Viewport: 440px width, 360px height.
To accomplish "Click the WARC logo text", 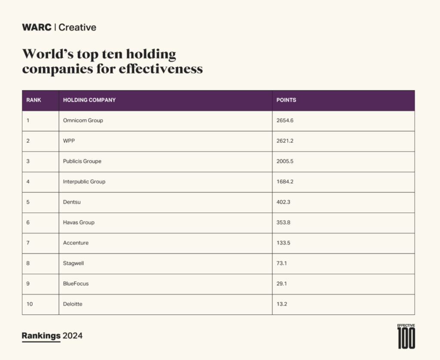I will tap(37, 27).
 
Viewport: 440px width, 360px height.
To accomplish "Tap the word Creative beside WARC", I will tap(77, 27).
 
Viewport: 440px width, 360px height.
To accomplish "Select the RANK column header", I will tap(34, 100).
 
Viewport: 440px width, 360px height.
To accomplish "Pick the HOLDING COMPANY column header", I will tap(89, 100).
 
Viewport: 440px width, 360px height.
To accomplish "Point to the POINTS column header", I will tap(286, 100).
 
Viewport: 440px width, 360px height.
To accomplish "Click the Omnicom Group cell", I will tap(83, 121).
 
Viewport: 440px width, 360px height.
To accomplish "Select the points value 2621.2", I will tap(285, 141).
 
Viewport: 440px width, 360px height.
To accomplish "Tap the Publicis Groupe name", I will tap(82, 162).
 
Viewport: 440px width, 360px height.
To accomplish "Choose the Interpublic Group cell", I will tap(84, 182).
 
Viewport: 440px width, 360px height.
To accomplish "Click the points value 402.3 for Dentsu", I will tap(283, 202).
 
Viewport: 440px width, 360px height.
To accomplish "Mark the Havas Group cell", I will tap(79, 223).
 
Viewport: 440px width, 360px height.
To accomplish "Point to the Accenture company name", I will tap(76, 243).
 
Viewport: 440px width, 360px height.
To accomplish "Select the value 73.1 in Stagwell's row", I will tap(282, 263).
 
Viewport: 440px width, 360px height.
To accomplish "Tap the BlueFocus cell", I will tap(76, 284).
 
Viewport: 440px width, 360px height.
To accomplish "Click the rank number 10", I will tap(30, 304).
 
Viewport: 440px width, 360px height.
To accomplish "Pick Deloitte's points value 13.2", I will tap(282, 304).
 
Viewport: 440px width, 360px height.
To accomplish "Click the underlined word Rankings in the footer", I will tap(41, 336).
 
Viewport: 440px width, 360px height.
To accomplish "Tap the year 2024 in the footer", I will tap(73, 336).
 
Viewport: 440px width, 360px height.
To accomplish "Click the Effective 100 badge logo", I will tap(406, 336).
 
